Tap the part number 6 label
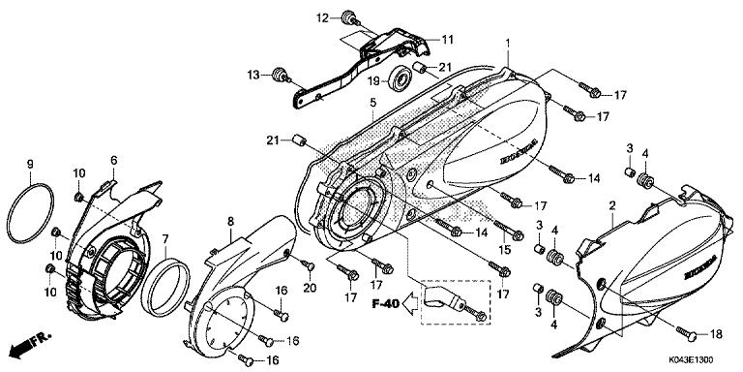coord(113,160)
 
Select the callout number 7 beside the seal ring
coord(164,238)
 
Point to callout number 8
coord(230,222)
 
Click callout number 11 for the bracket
coord(447,39)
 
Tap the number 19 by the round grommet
coord(374,82)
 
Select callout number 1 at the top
coord(506,44)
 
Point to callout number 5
coord(371,102)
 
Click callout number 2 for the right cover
coord(612,205)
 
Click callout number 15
coord(502,251)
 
